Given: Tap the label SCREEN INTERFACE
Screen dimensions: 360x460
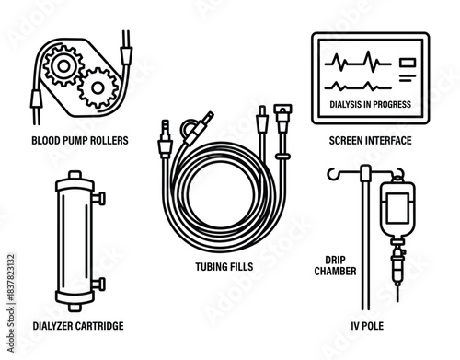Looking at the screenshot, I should point(370,141).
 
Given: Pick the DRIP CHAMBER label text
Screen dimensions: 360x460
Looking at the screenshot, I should point(328,265).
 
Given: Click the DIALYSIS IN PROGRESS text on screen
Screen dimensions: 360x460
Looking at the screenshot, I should point(370,104).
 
